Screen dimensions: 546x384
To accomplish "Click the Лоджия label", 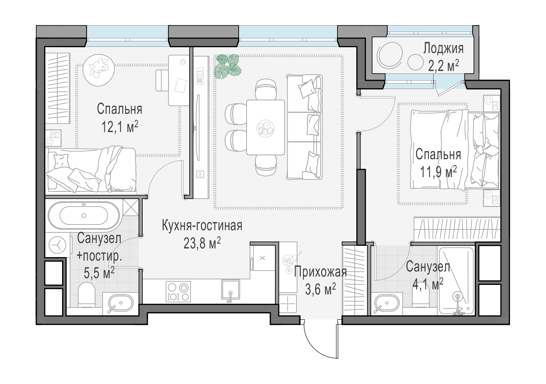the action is click(443, 49).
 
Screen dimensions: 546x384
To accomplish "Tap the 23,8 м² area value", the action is click(202, 243).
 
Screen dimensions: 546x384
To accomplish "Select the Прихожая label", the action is click(320, 272).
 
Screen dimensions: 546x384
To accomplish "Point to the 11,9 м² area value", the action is click(438, 172).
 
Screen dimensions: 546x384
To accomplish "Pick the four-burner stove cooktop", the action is click(178, 291).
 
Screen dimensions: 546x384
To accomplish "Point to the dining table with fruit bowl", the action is click(265, 128).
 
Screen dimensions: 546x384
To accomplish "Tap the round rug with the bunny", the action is click(99, 70).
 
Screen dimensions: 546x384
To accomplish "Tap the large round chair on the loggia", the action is click(390, 57).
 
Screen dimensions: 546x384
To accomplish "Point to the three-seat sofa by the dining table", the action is click(305, 127).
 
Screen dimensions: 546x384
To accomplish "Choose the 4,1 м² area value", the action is click(428, 284).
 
